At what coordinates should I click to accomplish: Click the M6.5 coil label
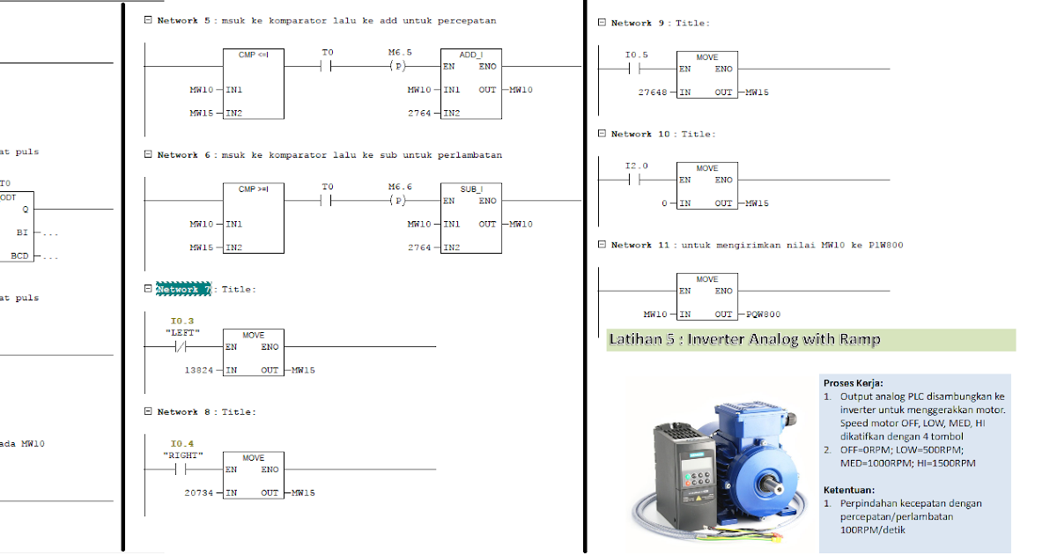(x=399, y=53)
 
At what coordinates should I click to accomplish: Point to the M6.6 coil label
(x=399, y=188)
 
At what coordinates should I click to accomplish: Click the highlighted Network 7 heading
(x=183, y=289)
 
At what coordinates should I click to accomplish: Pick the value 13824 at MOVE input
(x=198, y=370)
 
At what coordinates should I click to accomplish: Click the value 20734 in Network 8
(x=198, y=493)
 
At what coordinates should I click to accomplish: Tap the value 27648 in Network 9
(x=653, y=92)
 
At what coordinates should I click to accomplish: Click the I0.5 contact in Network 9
(x=637, y=69)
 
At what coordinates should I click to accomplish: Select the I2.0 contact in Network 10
(x=637, y=180)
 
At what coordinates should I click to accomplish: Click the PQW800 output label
(x=763, y=314)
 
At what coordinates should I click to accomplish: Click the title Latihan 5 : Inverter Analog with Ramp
(x=744, y=340)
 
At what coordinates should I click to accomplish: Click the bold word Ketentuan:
(x=849, y=490)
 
